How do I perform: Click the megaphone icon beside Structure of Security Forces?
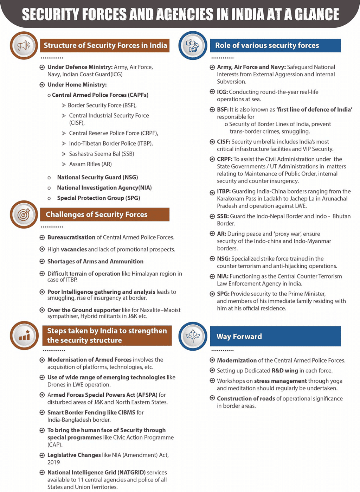(24, 45)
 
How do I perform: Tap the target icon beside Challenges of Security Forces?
(24, 215)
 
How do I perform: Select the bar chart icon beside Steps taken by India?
(24, 336)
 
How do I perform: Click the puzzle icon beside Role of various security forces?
(193, 45)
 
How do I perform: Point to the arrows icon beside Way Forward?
(193, 336)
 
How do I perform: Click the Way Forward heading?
(239, 337)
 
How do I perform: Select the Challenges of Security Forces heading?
(96, 215)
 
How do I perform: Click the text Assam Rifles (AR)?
(90, 164)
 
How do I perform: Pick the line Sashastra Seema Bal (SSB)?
(101, 154)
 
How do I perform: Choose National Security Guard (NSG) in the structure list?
(97, 177)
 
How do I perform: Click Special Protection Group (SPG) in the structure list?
(98, 198)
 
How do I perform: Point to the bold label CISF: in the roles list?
(224, 142)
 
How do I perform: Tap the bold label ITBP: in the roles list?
(224, 191)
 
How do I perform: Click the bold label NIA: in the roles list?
(223, 276)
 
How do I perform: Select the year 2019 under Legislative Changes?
(54, 462)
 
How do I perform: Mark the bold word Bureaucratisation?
(71, 237)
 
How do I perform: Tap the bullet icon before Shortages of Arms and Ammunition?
(42, 262)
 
